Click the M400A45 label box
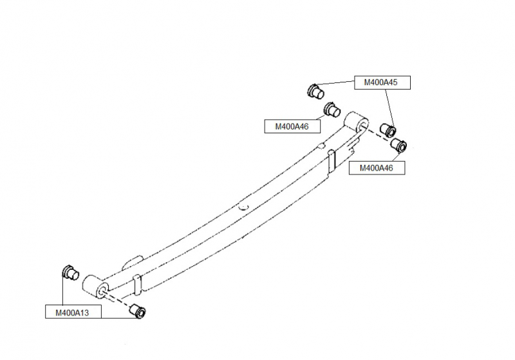click(382, 82)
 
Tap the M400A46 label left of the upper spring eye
click(292, 126)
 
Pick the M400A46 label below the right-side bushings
click(377, 168)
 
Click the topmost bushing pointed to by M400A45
click(315, 91)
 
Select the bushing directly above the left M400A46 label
click(332, 109)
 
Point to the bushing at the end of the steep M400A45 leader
click(388, 129)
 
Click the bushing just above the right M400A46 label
click(398, 145)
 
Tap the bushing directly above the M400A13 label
click(71, 272)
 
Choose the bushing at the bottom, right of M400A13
click(138, 310)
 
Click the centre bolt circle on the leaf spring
click(243, 207)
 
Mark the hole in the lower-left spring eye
click(101, 290)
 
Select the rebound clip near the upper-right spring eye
click(332, 161)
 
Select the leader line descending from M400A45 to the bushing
click(389, 108)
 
